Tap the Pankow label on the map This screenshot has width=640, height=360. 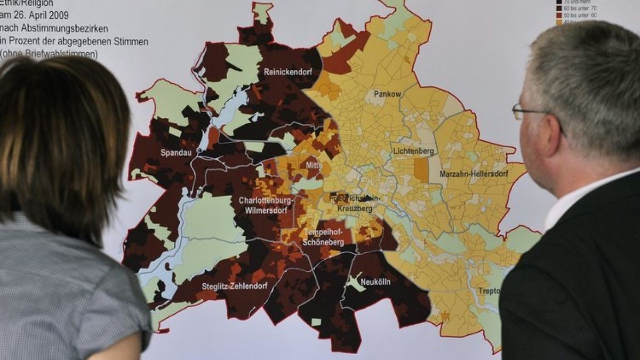click(x=387, y=94)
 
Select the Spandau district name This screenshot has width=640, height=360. click(x=177, y=153)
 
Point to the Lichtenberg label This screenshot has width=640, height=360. click(x=413, y=151)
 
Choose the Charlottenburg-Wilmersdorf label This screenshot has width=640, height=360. click(x=265, y=205)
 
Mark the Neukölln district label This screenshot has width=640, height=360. click(x=375, y=282)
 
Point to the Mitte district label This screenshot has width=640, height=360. click(x=314, y=165)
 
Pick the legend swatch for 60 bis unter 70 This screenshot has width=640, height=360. click(x=559, y=8)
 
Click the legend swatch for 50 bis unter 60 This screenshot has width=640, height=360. click(x=559, y=15)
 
